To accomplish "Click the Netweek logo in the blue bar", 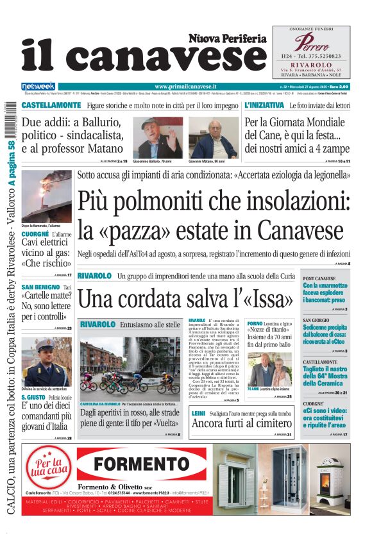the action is pos(38,86).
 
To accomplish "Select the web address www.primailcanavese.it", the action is pos(185,86).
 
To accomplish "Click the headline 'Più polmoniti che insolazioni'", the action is pos(214,203).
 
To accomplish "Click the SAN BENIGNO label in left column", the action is pos(40,287).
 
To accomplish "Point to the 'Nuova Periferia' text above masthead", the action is pos(227,39).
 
